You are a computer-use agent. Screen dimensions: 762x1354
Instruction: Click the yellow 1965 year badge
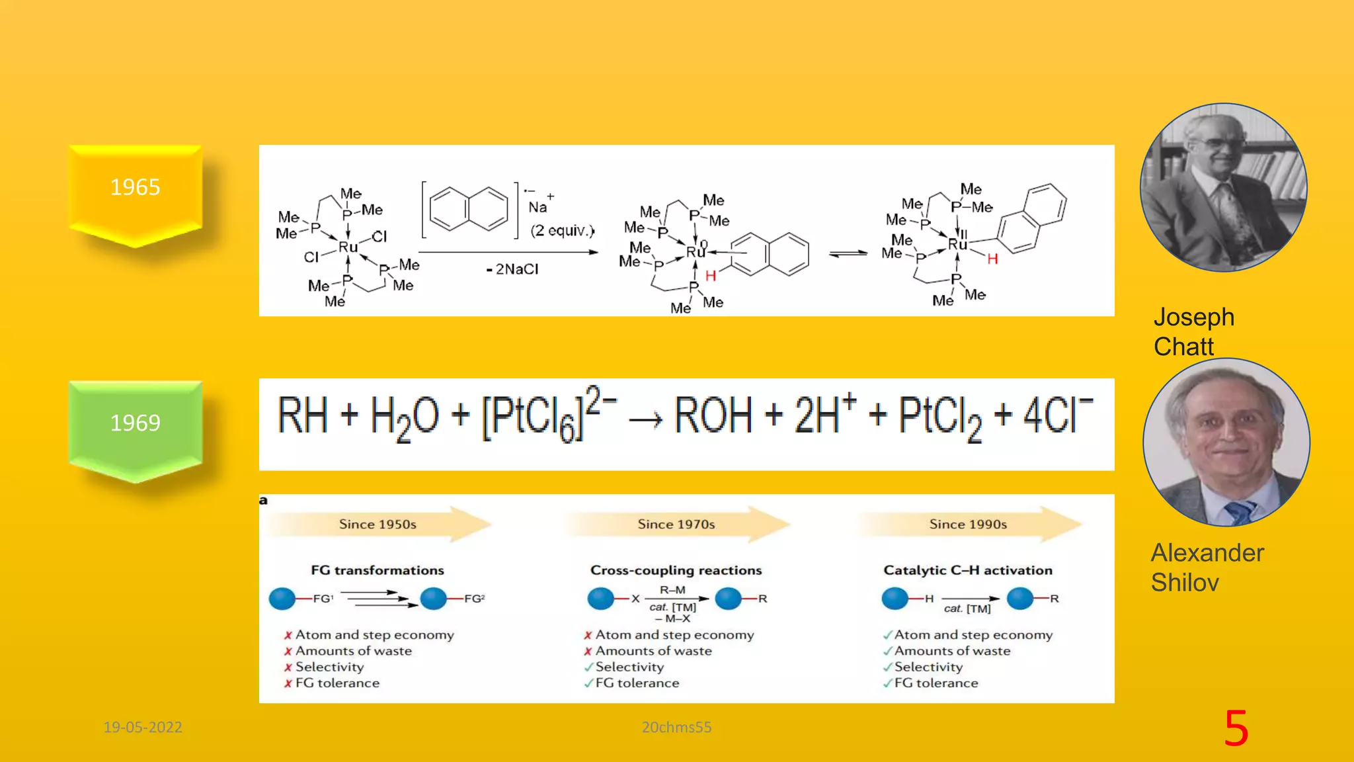[136, 188]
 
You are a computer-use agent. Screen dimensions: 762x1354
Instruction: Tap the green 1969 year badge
[136, 423]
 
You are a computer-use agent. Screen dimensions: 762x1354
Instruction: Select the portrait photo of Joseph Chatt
[1223, 187]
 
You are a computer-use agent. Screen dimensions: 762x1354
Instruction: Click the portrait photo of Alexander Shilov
[1226, 442]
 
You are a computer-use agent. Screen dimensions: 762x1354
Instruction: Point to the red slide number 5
[1236, 728]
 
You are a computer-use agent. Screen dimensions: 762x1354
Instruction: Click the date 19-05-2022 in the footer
[143, 727]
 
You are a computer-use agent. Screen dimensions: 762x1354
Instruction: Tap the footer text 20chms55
[676, 727]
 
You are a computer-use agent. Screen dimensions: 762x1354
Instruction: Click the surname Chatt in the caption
[1183, 347]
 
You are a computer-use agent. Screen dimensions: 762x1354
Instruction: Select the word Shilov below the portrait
[1185, 582]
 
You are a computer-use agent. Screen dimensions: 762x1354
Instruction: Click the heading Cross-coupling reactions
[676, 570]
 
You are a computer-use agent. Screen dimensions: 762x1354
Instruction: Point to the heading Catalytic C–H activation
[967, 570]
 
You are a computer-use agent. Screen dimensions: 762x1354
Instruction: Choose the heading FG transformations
[378, 570]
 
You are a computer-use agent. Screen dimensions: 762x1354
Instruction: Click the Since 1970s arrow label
[676, 525]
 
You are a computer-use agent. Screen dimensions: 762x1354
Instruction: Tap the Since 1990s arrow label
[968, 525]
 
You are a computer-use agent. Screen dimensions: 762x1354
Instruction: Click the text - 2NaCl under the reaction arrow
[512, 269]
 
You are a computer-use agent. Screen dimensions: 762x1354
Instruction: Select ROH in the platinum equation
[713, 415]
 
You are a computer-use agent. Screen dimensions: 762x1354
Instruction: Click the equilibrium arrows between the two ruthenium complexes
[848, 253]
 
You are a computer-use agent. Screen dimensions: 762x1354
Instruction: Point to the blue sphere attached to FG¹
[282, 599]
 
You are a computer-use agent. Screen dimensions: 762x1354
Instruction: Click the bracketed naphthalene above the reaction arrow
[469, 209]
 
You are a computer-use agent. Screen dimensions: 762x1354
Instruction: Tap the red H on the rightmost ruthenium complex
[992, 259]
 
